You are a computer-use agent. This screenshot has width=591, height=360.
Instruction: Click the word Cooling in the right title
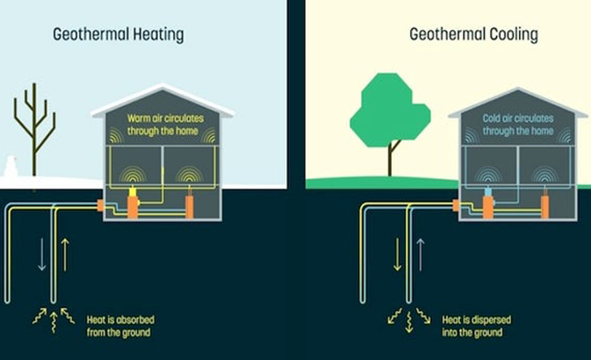click(510, 35)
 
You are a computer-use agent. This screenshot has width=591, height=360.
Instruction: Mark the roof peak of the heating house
click(162, 86)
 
